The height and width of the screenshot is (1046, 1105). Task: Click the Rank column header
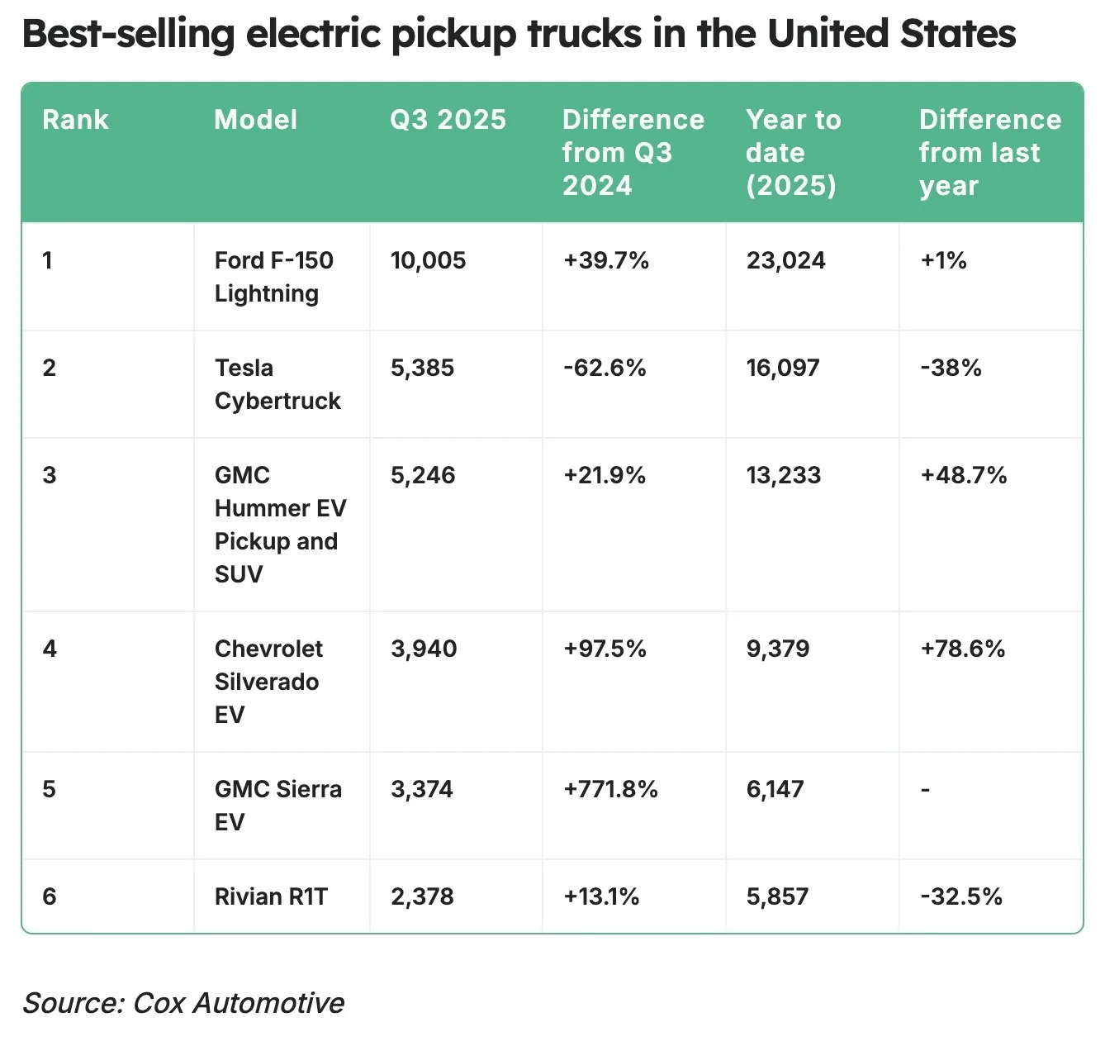75,120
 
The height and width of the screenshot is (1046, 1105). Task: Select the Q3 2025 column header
448,120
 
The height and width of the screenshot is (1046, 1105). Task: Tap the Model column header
255,120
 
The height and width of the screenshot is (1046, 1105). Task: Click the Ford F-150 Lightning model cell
273,277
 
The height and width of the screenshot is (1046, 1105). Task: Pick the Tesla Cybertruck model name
277,384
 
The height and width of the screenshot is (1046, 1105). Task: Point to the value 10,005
428,261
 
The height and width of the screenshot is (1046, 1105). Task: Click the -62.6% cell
605,368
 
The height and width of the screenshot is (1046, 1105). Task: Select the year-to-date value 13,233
784,476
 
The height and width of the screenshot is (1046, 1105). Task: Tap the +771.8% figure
610,790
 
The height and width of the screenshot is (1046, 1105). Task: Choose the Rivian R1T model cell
271,897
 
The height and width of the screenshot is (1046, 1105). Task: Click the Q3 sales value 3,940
424,649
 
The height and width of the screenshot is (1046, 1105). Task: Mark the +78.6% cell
963,649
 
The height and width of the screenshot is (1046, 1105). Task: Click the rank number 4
50,649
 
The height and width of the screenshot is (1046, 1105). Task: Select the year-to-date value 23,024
785,261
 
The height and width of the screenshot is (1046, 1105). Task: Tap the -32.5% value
961,897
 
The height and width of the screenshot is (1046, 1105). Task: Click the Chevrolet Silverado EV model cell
268,682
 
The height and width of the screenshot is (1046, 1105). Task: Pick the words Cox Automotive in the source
239,1003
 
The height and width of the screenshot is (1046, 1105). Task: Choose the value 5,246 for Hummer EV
423,476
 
